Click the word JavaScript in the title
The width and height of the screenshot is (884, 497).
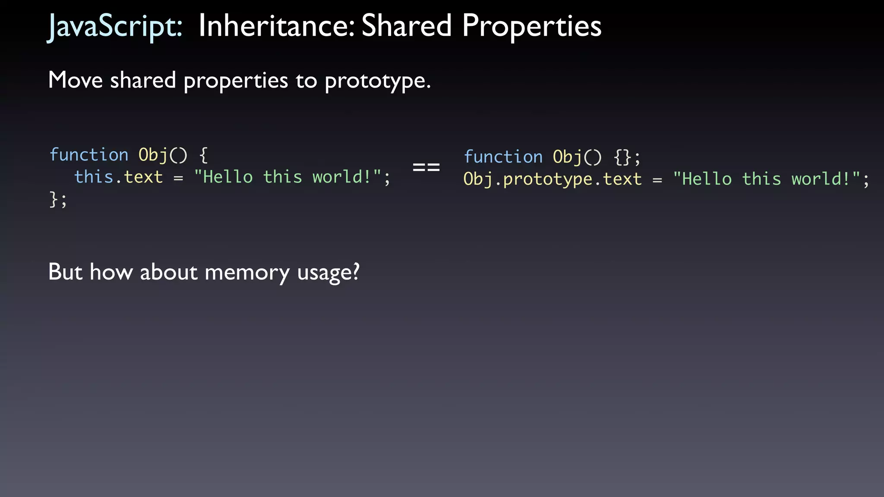(x=115, y=26)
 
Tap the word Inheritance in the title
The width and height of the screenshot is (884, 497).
(x=276, y=26)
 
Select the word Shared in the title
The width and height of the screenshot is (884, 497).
(x=406, y=26)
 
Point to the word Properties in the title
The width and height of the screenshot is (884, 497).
(x=531, y=26)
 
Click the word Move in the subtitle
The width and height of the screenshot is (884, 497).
(x=76, y=80)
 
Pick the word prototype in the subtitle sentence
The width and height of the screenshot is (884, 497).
(x=377, y=81)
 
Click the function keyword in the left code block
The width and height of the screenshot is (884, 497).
(x=89, y=154)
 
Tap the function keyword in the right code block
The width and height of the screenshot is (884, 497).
(x=503, y=157)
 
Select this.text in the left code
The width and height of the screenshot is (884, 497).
(x=119, y=177)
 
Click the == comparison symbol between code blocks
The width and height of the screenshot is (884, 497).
(x=426, y=167)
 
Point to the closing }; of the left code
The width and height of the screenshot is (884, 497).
(x=58, y=200)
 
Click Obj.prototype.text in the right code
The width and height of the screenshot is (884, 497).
(x=552, y=179)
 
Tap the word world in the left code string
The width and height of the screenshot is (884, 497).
(x=337, y=177)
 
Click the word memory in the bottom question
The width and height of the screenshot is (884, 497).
(x=247, y=272)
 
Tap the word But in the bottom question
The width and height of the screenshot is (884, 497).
(x=65, y=272)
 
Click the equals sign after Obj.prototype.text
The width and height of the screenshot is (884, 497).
(x=657, y=180)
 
